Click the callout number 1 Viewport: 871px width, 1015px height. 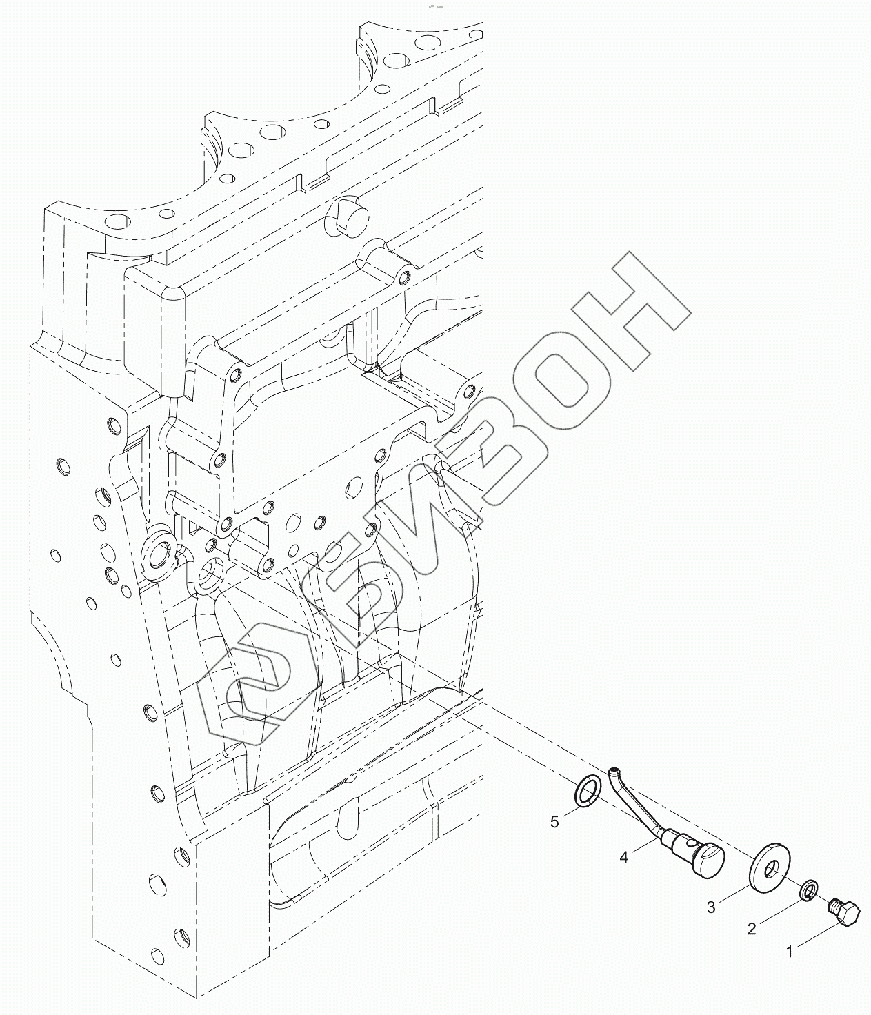(x=790, y=952)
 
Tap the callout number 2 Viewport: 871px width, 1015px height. (x=752, y=929)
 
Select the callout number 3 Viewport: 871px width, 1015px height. (x=711, y=907)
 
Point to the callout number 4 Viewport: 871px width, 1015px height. (x=623, y=858)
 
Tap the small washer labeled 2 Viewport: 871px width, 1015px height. (x=810, y=890)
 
